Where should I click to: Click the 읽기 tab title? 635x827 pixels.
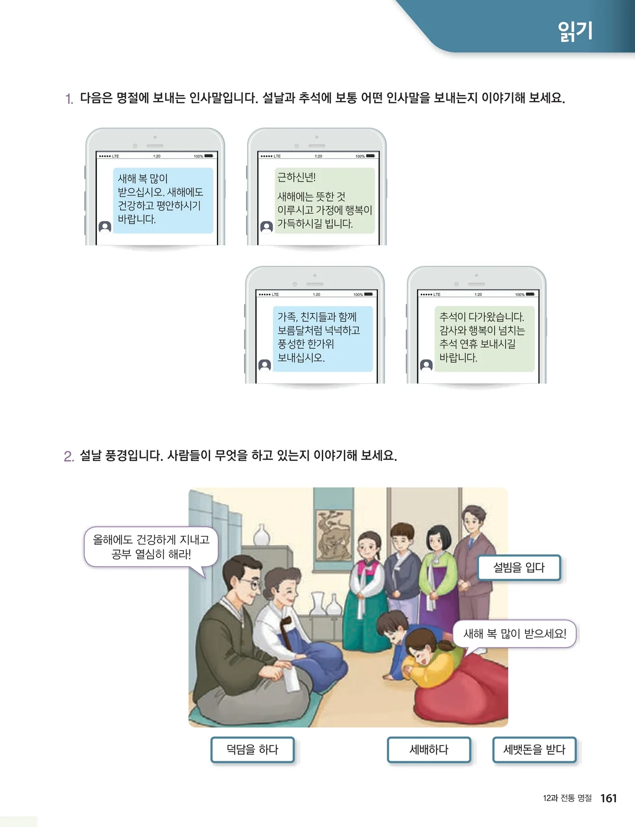click(x=575, y=31)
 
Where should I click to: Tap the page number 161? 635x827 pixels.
click(x=609, y=798)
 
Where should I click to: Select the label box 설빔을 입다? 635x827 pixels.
click(x=519, y=568)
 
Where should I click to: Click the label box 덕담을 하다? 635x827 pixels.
click(x=252, y=749)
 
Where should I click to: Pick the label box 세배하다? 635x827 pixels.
click(x=429, y=749)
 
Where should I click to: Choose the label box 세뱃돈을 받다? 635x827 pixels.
click(x=534, y=749)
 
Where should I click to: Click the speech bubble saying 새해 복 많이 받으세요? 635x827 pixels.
click(x=514, y=634)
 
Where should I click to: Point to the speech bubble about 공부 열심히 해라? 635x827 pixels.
click(x=151, y=547)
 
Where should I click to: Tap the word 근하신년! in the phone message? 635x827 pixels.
click(x=296, y=177)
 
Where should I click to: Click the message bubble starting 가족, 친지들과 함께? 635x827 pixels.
click(x=323, y=338)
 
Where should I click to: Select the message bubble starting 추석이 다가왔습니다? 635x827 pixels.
click(x=484, y=338)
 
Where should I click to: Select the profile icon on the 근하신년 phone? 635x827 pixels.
click(x=267, y=227)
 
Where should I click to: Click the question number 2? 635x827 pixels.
click(x=69, y=456)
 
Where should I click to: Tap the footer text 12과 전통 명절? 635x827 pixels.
click(x=567, y=798)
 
